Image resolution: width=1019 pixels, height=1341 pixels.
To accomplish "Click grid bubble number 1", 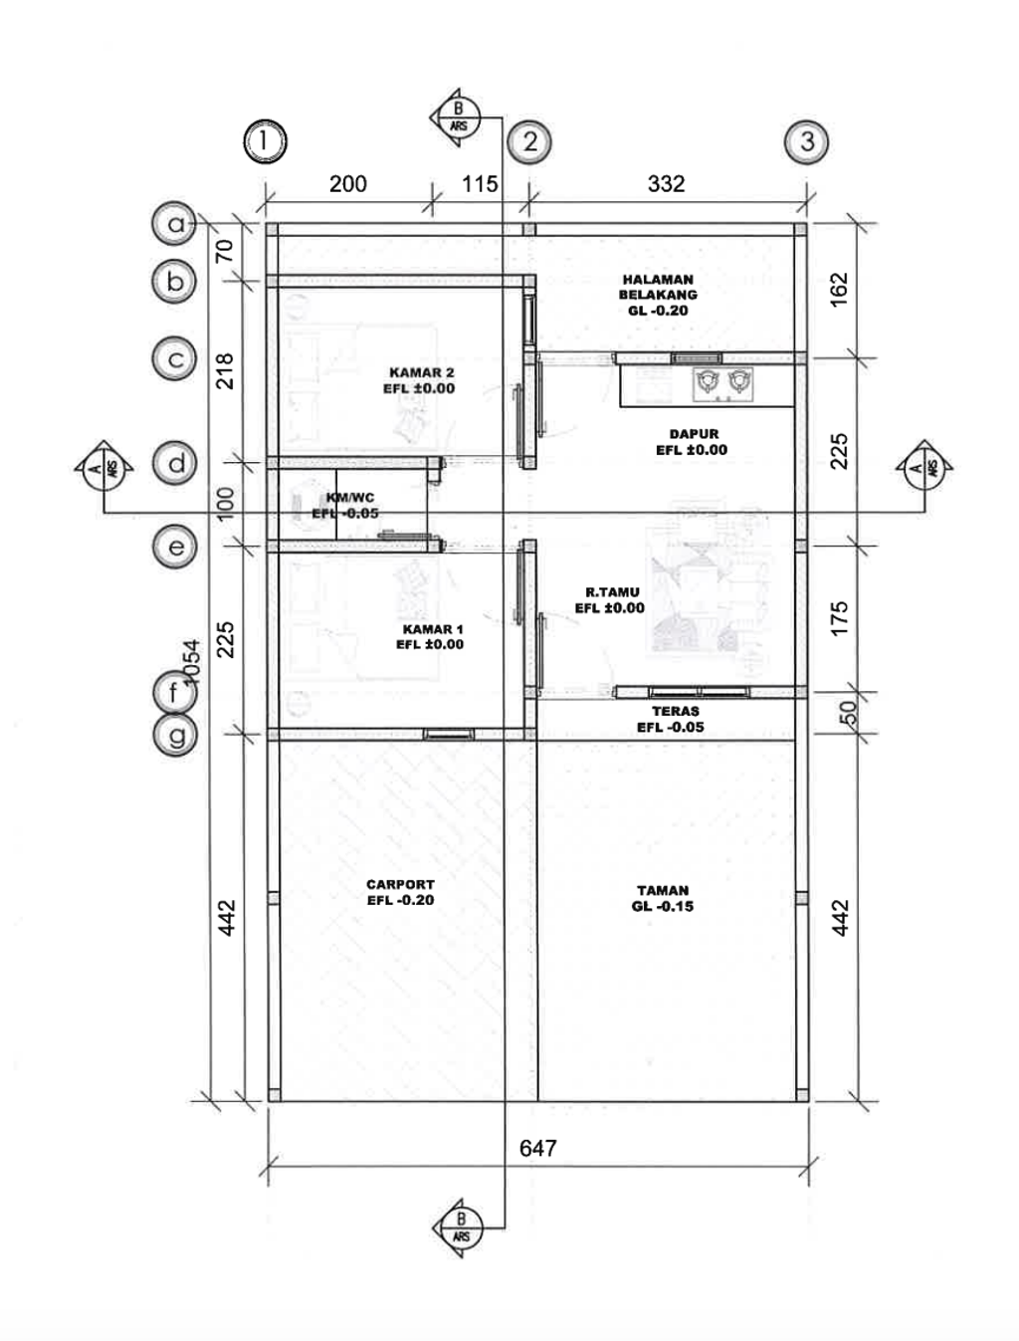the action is (265, 141).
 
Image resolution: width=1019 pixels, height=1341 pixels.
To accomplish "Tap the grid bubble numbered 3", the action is (806, 141).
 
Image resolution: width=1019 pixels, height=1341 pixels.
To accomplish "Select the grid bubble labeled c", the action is (174, 359).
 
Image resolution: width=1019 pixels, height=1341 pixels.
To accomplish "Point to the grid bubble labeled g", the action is (175, 735).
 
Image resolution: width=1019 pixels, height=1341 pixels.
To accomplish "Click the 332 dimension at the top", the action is (666, 184).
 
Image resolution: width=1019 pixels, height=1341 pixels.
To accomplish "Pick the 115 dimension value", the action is (480, 184).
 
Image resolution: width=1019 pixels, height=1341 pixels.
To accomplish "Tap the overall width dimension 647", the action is (538, 1149).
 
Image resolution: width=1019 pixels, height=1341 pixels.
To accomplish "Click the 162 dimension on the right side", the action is (840, 290).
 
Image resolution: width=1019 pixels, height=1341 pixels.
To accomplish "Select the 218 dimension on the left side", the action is (225, 370).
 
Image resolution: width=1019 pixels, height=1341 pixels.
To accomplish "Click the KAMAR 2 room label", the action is (420, 380).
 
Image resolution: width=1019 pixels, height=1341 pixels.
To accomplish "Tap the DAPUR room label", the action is (692, 442).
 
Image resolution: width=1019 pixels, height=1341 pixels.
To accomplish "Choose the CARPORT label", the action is (400, 892).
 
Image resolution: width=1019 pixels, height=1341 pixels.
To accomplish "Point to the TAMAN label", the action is (663, 898).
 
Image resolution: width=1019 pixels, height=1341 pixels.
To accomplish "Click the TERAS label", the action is (671, 719).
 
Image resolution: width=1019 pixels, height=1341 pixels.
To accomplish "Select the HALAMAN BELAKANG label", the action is (658, 295).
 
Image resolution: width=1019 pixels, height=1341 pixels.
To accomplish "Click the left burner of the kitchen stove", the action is (708, 381).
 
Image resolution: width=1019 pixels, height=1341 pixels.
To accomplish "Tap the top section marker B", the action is (457, 117).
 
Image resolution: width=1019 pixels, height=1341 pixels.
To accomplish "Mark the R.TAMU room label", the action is (610, 600).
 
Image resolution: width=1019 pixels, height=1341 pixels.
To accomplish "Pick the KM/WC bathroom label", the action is (345, 506).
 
